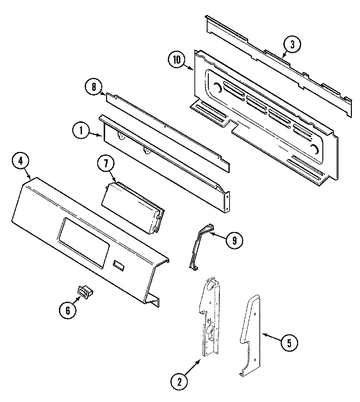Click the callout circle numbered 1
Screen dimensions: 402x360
pos(81,130)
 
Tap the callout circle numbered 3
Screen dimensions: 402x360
pos(292,45)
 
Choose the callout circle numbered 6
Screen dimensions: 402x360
pos(67,310)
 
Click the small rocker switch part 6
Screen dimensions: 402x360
pos(84,291)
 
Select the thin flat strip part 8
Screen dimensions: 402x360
pos(166,129)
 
